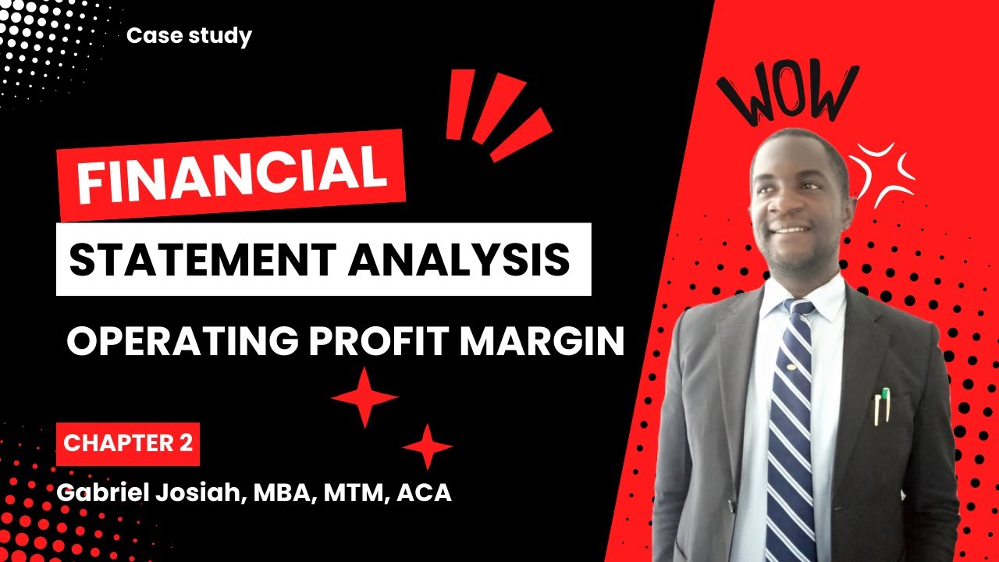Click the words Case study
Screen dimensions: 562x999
coord(189,36)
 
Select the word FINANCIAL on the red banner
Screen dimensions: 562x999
coord(232,176)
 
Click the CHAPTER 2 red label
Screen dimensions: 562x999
coord(128,443)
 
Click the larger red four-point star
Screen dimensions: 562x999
coord(364,397)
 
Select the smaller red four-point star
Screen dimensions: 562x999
coord(427,446)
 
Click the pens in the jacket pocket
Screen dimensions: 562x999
coord(881,405)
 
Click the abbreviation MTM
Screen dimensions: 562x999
coord(352,493)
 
